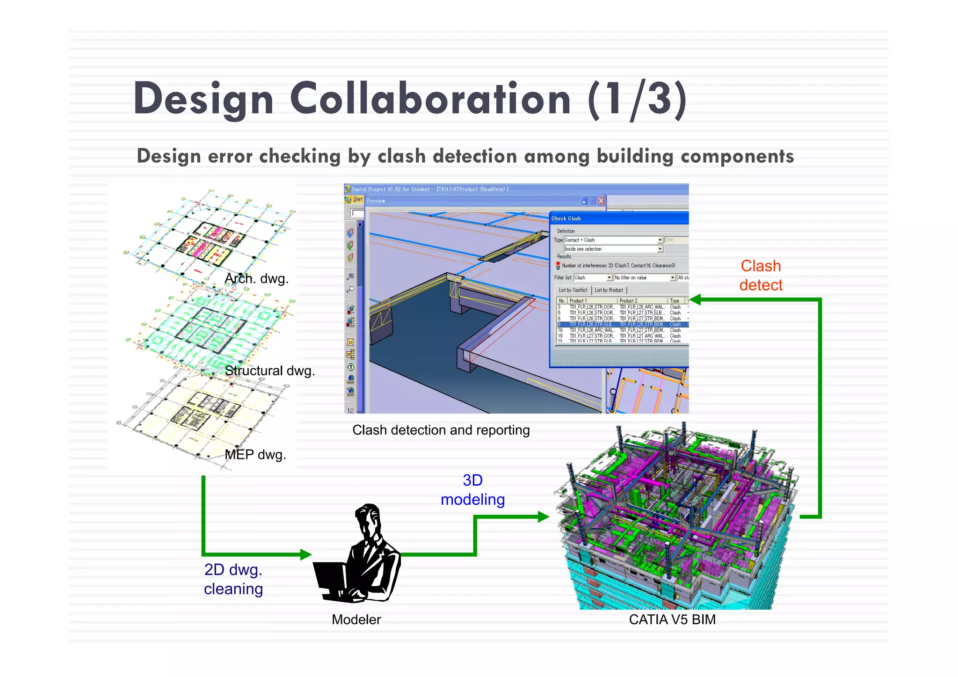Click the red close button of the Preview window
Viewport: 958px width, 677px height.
(601, 201)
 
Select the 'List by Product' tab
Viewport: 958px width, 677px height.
(609, 290)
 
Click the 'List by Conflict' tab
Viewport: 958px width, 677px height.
(573, 290)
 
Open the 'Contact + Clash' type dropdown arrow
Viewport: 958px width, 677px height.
(660, 240)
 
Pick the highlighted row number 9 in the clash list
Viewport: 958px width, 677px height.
(559, 324)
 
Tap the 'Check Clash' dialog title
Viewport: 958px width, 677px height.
(566, 218)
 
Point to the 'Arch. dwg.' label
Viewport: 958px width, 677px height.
(256, 279)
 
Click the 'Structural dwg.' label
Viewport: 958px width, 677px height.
(269, 371)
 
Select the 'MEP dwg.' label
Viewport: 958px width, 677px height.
(255, 454)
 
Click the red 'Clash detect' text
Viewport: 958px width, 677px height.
(761, 275)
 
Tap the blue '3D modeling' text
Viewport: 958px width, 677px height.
(472, 490)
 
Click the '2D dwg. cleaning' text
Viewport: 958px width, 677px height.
(233, 579)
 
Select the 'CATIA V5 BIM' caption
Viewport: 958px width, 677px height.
(672, 619)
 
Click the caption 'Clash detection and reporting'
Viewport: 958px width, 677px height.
(441, 430)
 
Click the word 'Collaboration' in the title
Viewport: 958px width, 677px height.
(430, 99)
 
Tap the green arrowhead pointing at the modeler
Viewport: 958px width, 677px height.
(306, 554)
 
